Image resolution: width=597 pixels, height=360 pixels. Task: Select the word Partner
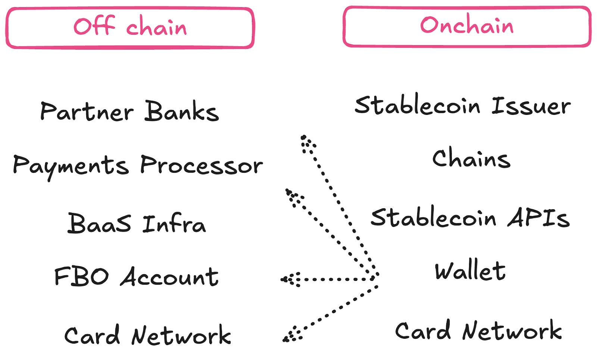coord(87,111)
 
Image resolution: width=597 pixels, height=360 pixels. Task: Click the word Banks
coord(181,110)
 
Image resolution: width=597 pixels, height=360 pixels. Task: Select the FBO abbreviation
coord(82,276)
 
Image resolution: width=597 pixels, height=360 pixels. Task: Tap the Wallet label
coord(470,270)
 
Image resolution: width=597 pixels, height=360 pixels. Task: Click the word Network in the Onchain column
coord(512,330)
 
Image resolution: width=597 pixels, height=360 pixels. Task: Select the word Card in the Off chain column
coord(92,335)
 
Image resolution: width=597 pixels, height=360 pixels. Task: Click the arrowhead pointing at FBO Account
coord(289,279)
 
